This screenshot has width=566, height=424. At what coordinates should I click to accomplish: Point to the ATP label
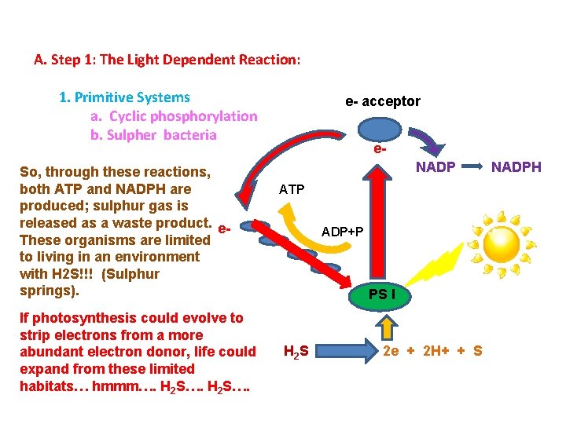(292, 190)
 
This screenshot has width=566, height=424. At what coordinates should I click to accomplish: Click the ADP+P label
(343, 232)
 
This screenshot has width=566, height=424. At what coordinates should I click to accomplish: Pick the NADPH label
(516, 167)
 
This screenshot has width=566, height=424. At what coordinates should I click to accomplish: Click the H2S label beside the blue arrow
(296, 351)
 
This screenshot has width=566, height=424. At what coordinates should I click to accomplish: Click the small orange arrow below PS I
(387, 326)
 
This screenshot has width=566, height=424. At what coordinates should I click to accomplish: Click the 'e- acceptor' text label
(383, 101)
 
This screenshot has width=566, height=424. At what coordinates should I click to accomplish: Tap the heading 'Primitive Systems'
(124, 97)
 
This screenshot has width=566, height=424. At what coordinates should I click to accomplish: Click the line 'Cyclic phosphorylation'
(174, 116)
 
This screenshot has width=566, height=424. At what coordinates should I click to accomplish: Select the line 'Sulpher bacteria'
(153, 135)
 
